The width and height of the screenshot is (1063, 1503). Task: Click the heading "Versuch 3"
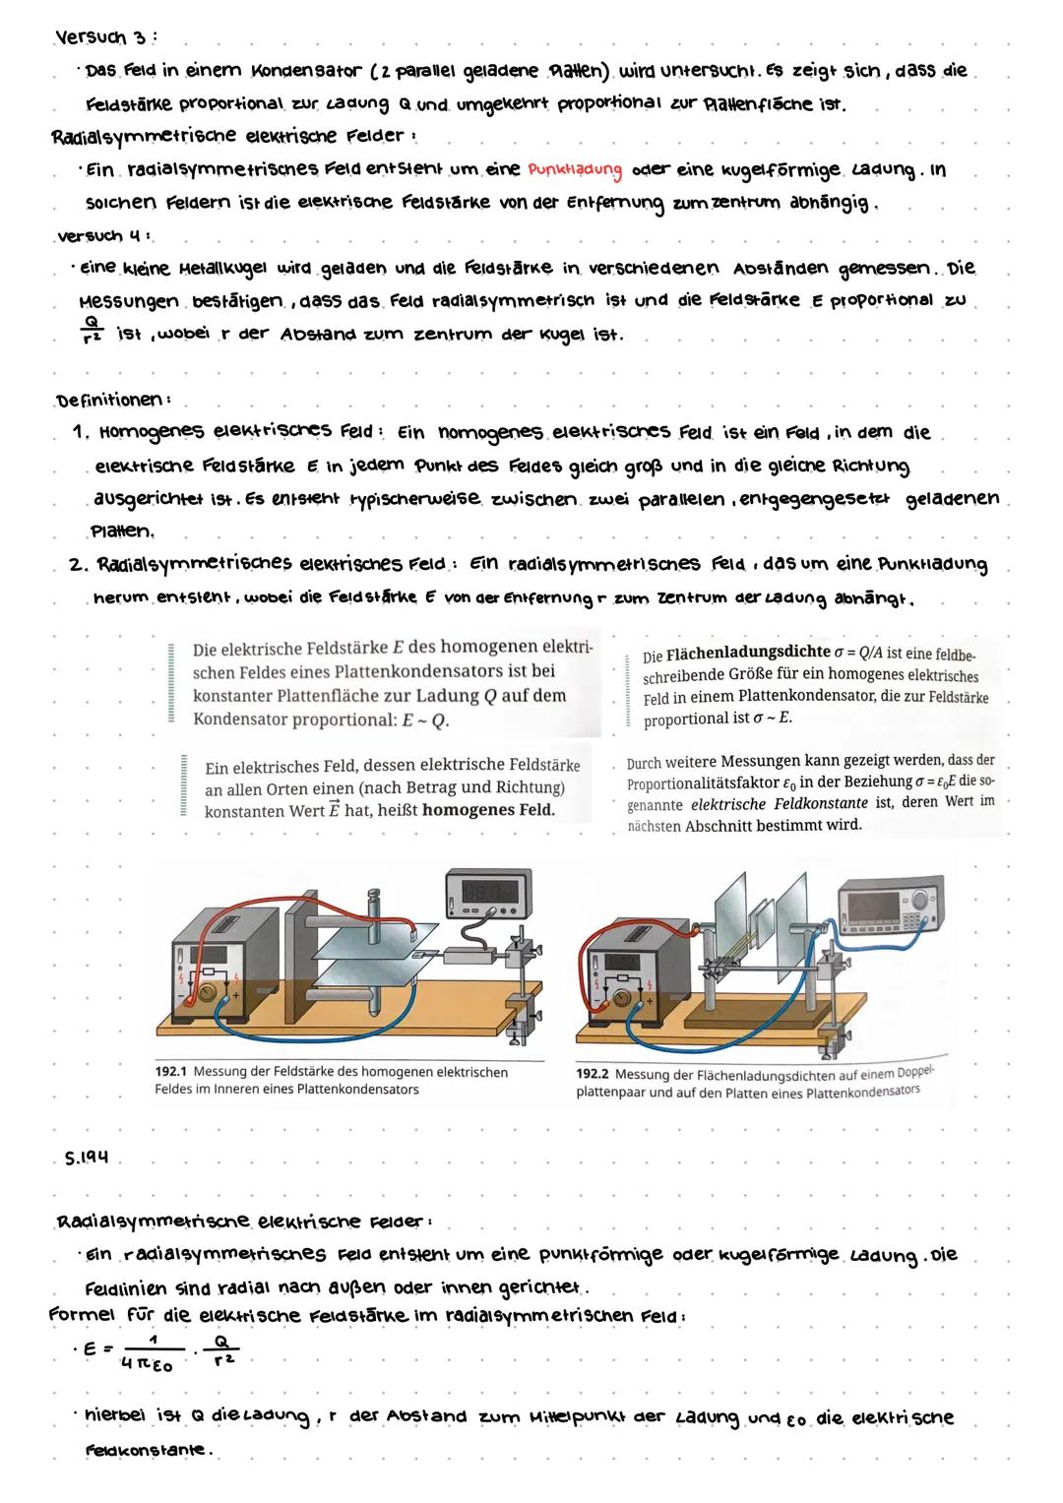tap(103, 37)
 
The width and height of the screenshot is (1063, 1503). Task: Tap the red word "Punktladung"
tap(575, 170)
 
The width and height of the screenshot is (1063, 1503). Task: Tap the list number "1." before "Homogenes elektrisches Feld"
tap(83, 433)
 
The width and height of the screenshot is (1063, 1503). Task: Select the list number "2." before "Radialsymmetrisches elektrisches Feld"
tap(81, 565)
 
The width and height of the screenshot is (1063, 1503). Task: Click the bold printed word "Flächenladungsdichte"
tap(753, 655)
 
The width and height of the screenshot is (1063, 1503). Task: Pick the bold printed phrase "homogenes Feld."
tap(490, 810)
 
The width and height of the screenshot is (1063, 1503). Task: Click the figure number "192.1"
tap(172, 1072)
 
